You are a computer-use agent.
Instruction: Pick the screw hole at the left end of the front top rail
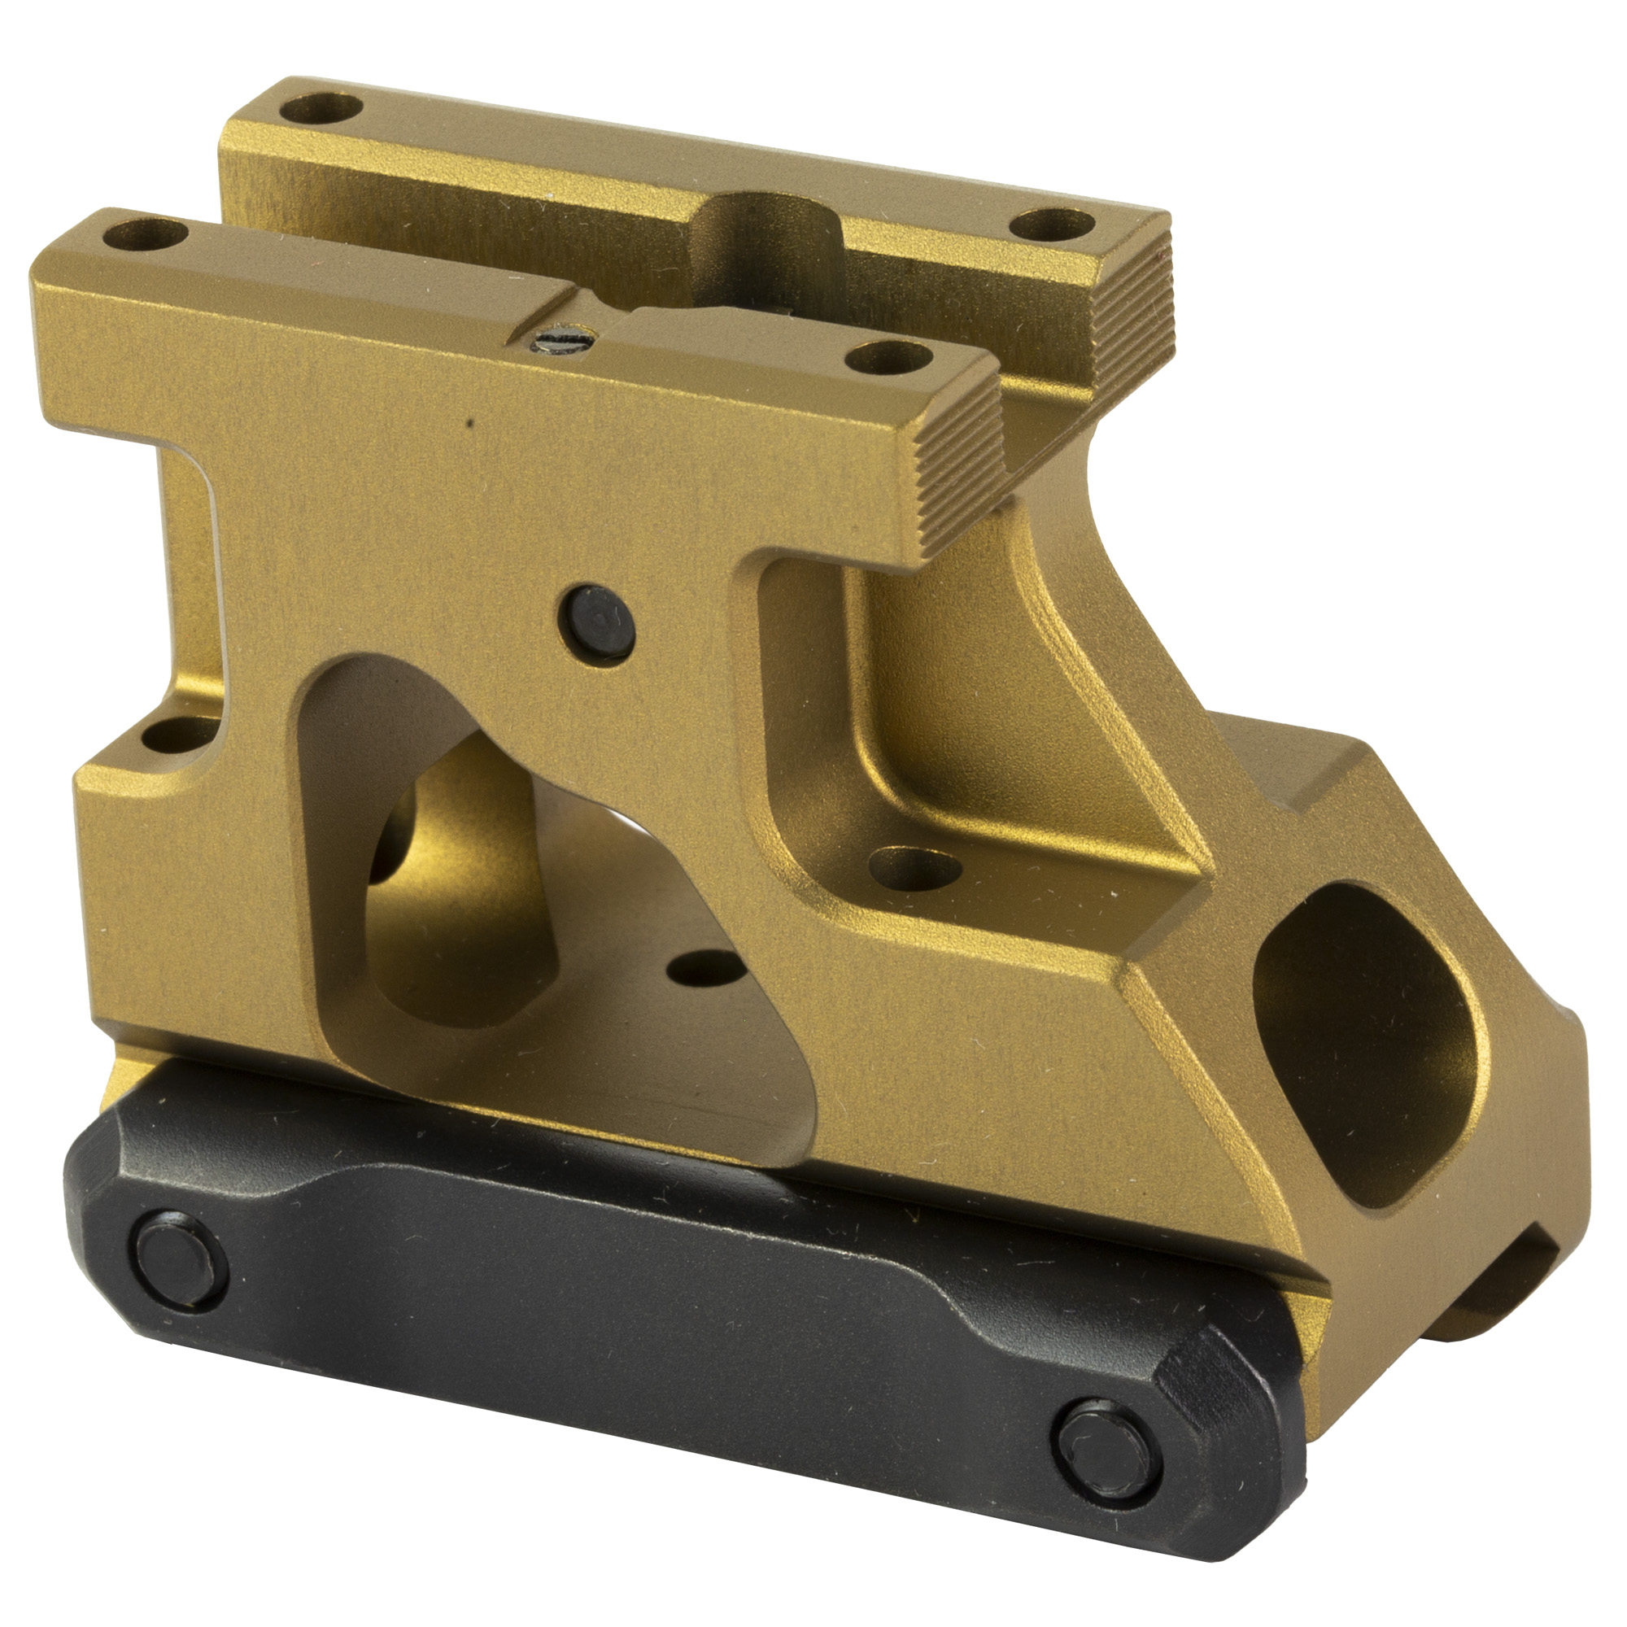click(145, 233)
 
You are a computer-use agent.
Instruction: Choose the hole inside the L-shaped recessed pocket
click(914, 867)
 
